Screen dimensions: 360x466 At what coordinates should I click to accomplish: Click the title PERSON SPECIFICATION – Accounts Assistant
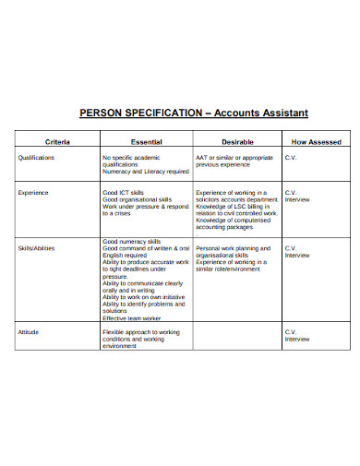click(193, 113)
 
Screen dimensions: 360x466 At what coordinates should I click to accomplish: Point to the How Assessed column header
click(317, 142)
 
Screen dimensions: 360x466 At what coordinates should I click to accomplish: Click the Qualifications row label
click(37, 157)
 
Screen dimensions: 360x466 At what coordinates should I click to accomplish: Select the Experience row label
click(33, 192)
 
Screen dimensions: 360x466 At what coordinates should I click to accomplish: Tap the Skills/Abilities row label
click(37, 248)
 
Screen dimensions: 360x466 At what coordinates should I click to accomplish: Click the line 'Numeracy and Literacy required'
click(146, 171)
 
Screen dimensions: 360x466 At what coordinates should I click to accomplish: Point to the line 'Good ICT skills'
click(125, 192)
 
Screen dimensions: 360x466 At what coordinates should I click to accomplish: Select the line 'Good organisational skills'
click(138, 198)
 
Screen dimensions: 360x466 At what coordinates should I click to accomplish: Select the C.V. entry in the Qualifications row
click(290, 157)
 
